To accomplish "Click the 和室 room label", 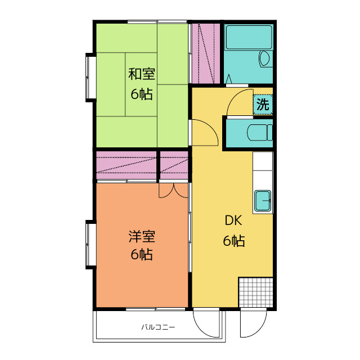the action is coord(141,74).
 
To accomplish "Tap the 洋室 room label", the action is coord(142,236).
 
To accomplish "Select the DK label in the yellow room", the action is coord(233,220).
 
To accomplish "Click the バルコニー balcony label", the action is coord(158,327).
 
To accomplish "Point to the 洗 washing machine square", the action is coord(263,105).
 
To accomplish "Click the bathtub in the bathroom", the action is coord(249,37).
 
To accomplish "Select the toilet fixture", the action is coord(259,133).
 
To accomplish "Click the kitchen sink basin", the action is coord(263,200).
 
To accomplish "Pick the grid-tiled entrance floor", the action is coord(256,292).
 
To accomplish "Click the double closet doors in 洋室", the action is coord(173,190).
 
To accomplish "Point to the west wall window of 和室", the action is coord(91,78).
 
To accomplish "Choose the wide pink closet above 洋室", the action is coord(126,165).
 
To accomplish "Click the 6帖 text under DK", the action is coord(234,241).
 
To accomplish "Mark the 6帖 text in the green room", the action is coord(141,94).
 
